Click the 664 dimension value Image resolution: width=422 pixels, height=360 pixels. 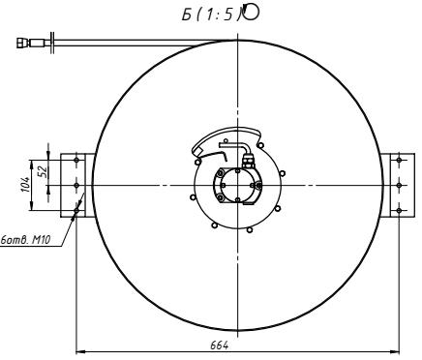pyautogui.click(x=220, y=345)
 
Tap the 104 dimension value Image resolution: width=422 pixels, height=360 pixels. pyautogui.click(x=27, y=185)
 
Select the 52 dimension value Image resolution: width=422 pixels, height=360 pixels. pyautogui.click(x=43, y=170)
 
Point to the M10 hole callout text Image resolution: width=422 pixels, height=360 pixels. pyautogui.click(x=25, y=240)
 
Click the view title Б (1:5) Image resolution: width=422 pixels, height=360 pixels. pyautogui.click(x=211, y=15)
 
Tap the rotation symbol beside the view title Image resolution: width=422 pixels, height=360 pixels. pyautogui.click(x=251, y=13)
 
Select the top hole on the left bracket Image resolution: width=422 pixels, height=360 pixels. pyautogui.click(x=76, y=160)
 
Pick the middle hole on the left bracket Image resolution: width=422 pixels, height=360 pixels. pyautogui.click(x=76, y=185)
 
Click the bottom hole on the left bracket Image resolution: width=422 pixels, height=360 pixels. pyautogui.click(x=76, y=210)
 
